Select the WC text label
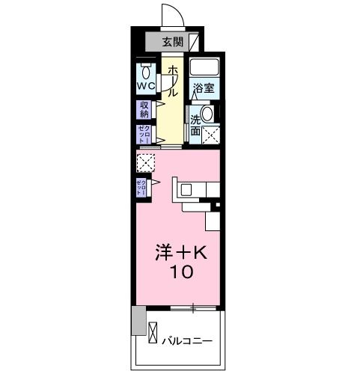tap(144, 86)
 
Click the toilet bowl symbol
tap(144, 72)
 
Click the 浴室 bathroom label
tap(204, 88)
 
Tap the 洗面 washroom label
tap(195, 125)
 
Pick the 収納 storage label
tap(144, 110)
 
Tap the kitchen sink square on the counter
tap(186, 189)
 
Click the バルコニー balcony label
tap(188, 340)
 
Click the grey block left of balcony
tap(138, 320)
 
